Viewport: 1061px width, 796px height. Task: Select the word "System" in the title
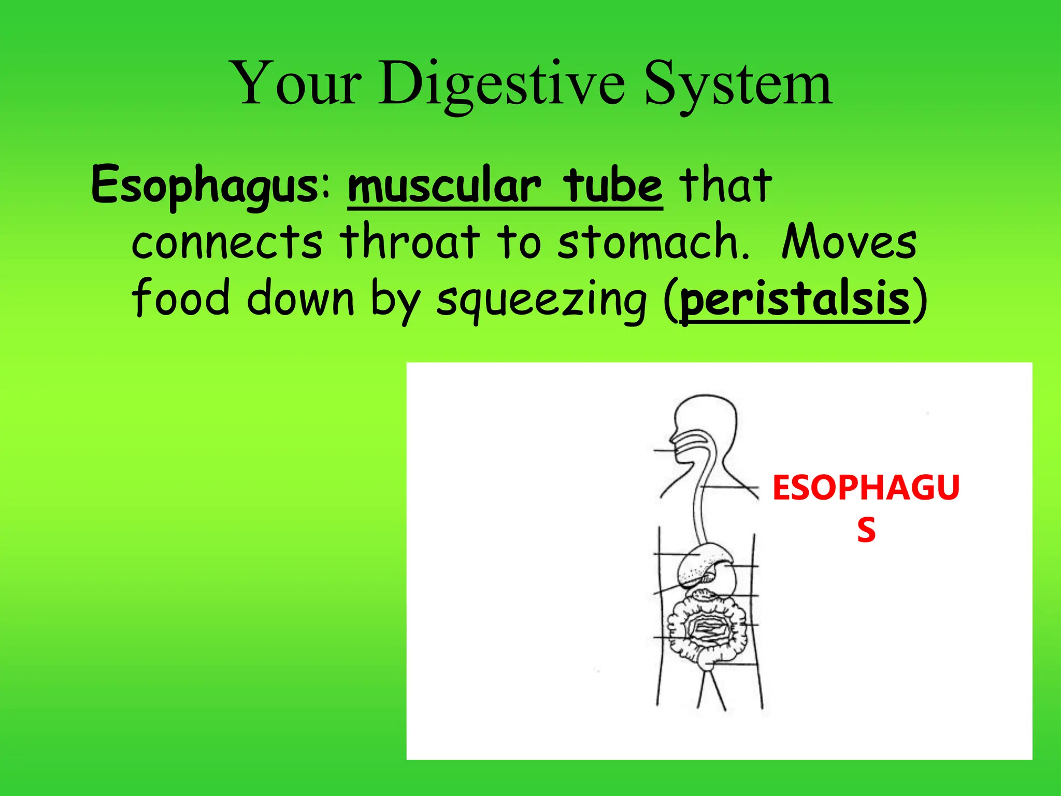point(738,84)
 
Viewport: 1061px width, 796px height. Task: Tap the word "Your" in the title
point(297,84)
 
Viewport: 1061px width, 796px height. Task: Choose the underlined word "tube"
point(613,187)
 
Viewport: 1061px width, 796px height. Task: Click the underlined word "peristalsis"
point(795,300)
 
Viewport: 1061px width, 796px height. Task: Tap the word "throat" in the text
point(409,243)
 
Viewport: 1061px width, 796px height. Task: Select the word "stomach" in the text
point(653,243)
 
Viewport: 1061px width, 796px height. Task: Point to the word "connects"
point(227,243)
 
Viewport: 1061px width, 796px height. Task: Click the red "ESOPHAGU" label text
point(866,488)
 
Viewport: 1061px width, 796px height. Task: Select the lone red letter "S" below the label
point(866,530)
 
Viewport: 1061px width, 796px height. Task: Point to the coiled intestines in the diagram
point(707,630)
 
